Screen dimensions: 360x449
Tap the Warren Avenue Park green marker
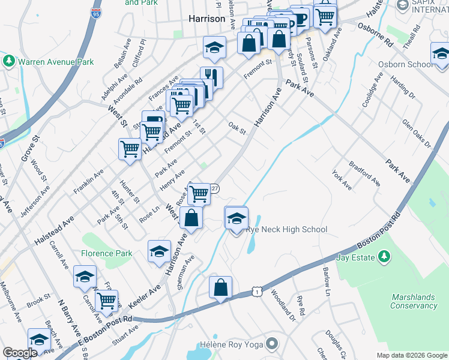(x=9, y=61)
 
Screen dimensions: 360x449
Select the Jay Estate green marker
(x=384, y=257)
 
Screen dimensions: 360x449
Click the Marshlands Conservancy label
(x=414, y=301)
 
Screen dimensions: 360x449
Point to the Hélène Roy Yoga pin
(x=273, y=344)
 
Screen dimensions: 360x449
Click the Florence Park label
(x=107, y=253)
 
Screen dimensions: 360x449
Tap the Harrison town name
(x=206, y=19)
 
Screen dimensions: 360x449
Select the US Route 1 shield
(x=256, y=291)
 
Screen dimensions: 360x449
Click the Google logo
(x=20, y=353)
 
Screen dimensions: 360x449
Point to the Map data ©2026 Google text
(x=411, y=355)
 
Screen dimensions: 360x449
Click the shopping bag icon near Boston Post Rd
(x=221, y=287)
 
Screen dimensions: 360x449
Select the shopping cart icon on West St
(x=130, y=149)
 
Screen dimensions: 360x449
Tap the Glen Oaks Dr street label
(x=417, y=133)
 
